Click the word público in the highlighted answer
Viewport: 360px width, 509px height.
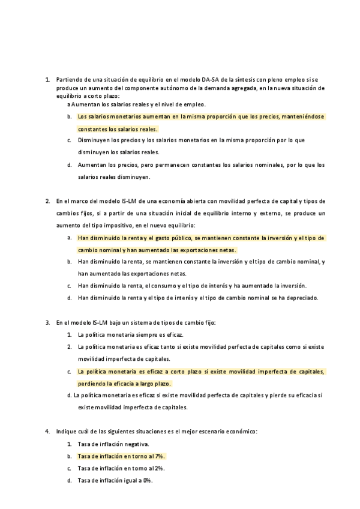(x=181, y=238)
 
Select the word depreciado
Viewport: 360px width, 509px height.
(x=304, y=297)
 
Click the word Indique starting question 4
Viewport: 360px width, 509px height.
(x=66, y=432)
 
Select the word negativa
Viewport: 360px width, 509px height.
(x=134, y=444)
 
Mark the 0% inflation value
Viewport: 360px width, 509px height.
(x=144, y=480)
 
